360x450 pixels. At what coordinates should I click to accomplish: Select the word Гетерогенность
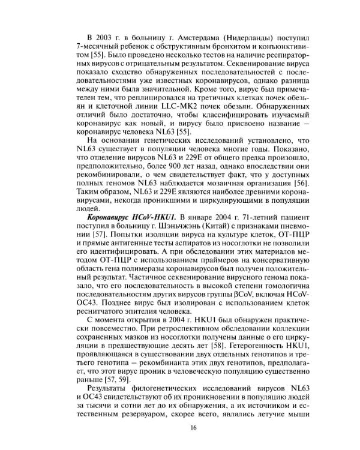[x=277, y=354]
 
